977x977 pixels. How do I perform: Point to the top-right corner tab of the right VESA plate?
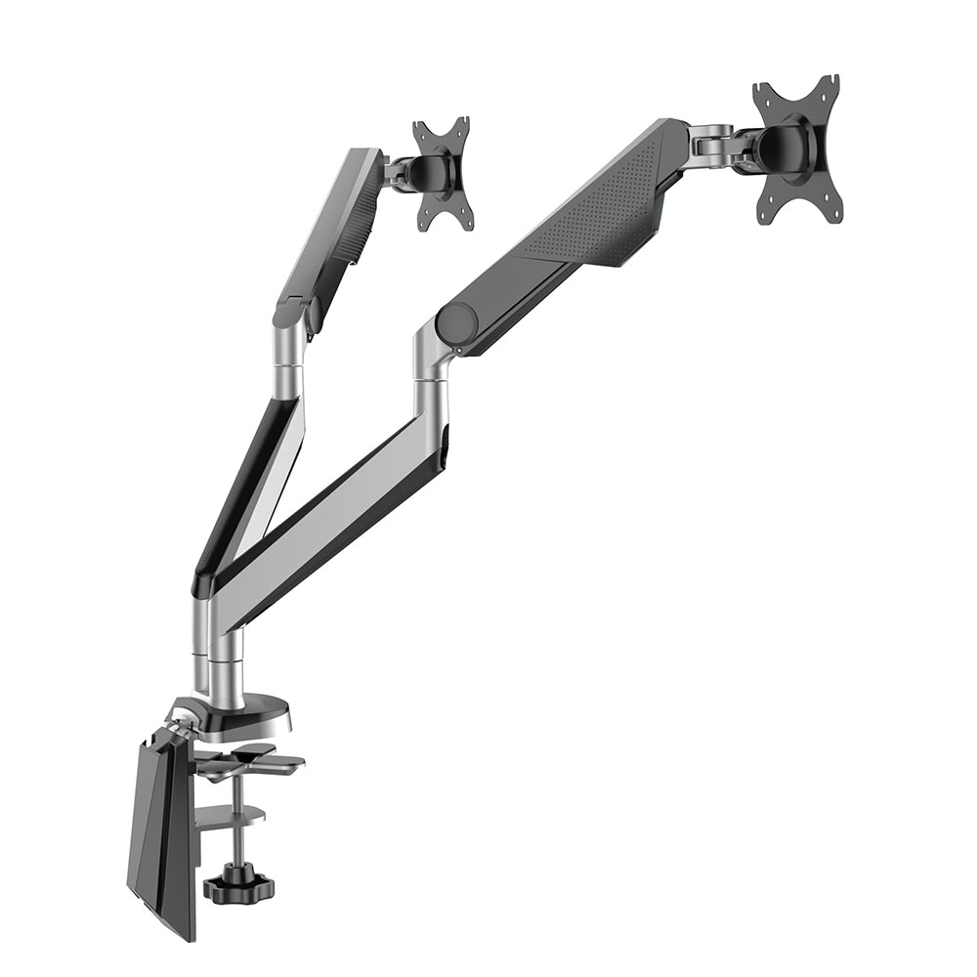(x=828, y=86)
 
